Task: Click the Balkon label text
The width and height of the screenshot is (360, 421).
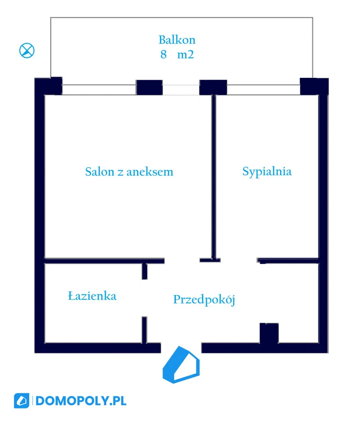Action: [177, 40]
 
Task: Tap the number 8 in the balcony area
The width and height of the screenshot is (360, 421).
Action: [164, 54]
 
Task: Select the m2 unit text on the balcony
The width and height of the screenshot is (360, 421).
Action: [185, 54]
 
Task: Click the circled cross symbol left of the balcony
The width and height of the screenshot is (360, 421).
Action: [27, 51]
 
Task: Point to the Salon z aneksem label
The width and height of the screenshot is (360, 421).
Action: [129, 172]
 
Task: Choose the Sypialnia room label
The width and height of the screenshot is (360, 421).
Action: [267, 171]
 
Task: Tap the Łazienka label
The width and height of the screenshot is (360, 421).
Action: [92, 295]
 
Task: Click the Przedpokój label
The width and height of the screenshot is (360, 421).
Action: [204, 300]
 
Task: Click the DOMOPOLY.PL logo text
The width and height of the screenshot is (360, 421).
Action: [81, 400]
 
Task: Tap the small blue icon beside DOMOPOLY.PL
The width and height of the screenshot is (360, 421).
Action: [22, 400]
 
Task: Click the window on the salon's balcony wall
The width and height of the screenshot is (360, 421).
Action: [99, 89]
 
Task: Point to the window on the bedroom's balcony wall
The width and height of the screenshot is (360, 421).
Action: [263, 89]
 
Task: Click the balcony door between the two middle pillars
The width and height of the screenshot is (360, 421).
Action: [180, 89]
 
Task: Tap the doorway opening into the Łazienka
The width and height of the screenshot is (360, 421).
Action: [144, 298]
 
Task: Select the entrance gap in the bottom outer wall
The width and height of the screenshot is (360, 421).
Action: [181, 348]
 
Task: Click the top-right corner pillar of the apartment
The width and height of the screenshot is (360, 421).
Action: [313, 86]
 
